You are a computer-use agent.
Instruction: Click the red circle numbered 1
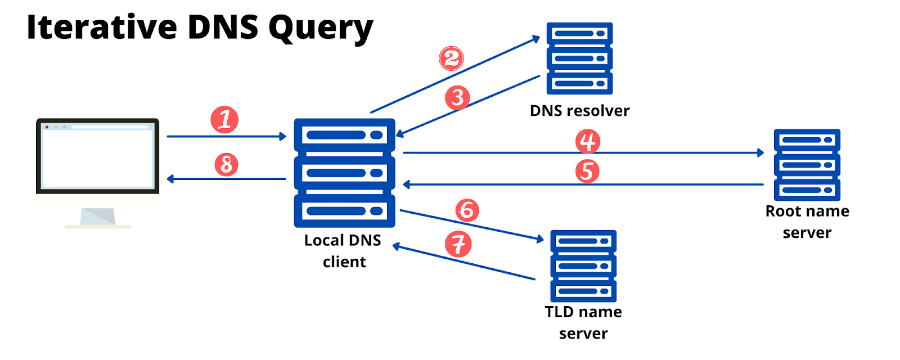coord(224,120)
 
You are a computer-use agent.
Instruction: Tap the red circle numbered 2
coord(451,58)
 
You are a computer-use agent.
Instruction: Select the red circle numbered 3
coord(457,97)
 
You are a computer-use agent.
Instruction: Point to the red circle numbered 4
coord(588,141)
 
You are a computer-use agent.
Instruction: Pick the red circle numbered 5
coord(587,171)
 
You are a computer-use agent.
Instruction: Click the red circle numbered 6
coord(467,210)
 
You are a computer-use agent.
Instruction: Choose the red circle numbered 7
coord(458,244)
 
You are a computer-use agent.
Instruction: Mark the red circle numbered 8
coord(226,165)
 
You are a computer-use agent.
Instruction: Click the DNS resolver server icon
coord(579,58)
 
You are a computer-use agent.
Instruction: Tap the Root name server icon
coord(807,165)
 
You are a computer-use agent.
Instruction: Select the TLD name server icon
coord(583,265)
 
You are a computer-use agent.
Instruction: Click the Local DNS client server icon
coord(344,173)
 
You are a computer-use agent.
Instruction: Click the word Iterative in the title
coord(101,27)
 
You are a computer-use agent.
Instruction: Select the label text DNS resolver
coord(579,111)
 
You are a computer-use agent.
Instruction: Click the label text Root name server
coord(807,222)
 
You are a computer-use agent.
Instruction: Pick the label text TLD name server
coord(583,322)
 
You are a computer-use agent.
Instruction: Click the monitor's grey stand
coord(98,217)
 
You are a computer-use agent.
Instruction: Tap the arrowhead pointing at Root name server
coord(760,152)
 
